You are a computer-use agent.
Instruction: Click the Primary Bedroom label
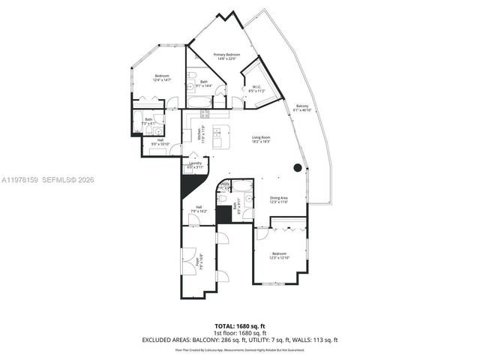(x=226, y=55)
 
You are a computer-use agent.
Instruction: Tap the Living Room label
(x=261, y=137)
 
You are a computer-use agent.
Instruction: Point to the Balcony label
(x=301, y=106)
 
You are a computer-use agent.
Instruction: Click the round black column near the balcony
(x=298, y=167)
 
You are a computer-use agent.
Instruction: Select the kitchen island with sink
(x=219, y=136)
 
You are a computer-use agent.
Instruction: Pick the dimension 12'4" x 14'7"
(x=162, y=79)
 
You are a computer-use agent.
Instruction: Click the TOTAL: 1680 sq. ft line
(x=240, y=327)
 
